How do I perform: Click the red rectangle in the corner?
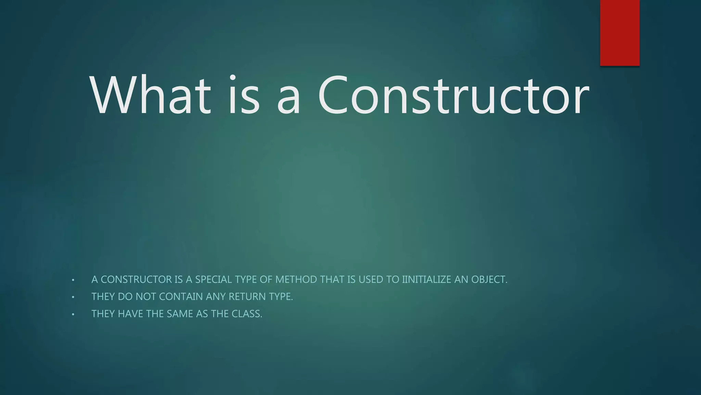pos(620,33)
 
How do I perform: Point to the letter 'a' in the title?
pos(289,99)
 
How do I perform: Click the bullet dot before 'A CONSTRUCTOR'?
pos(73,280)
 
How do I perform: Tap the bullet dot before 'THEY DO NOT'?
pos(73,297)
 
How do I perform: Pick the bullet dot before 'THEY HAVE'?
pos(73,314)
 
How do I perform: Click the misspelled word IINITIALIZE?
pos(426,279)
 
